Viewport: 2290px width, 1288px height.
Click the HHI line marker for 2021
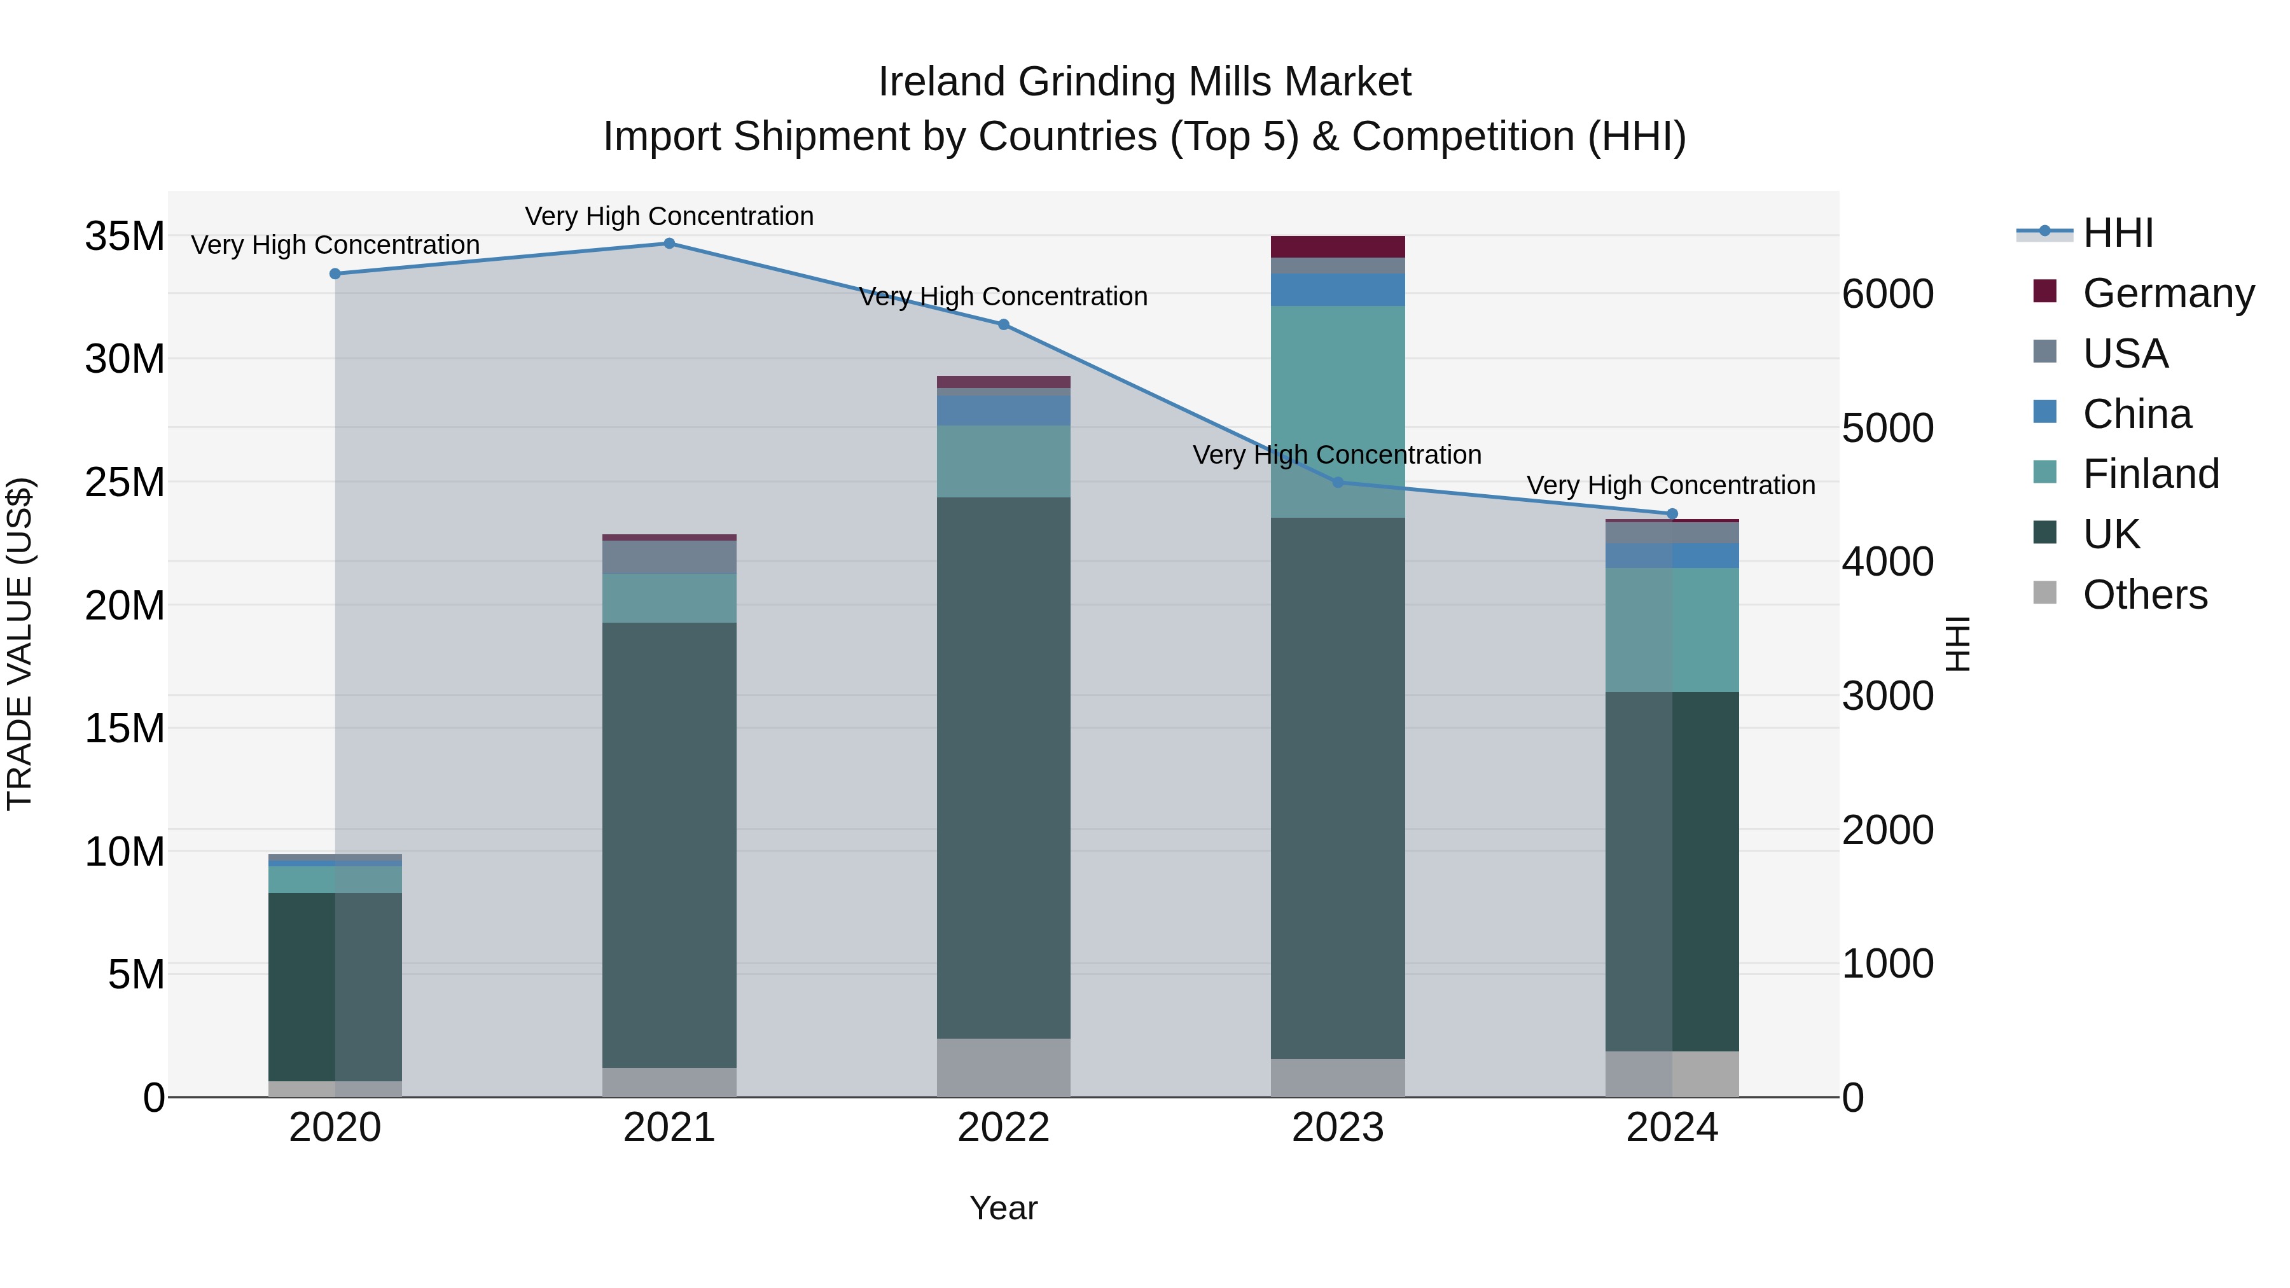click(669, 244)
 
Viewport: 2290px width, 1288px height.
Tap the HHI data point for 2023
click(1338, 483)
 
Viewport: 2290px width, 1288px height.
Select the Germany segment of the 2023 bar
click(1338, 246)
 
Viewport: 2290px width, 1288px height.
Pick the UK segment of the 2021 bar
click(669, 845)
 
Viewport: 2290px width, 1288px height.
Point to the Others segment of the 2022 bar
click(1004, 1067)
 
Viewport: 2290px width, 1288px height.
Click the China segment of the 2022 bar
click(1004, 410)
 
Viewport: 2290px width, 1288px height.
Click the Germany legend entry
click(2167, 293)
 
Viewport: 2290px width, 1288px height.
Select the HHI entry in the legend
click(2118, 233)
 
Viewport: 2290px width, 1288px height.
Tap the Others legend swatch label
click(2144, 595)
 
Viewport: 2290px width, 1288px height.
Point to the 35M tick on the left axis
click(125, 237)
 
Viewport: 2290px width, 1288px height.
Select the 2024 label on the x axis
click(1671, 1128)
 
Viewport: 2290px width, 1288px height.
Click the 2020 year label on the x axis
click(335, 1128)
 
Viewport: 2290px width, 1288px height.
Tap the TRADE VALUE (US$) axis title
click(20, 644)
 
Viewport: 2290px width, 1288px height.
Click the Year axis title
click(1004, 1208)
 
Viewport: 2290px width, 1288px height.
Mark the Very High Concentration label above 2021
click(669, 216)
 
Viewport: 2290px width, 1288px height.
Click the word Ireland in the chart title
click(942, 82)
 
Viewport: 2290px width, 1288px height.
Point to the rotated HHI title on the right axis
click(1957, 644)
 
